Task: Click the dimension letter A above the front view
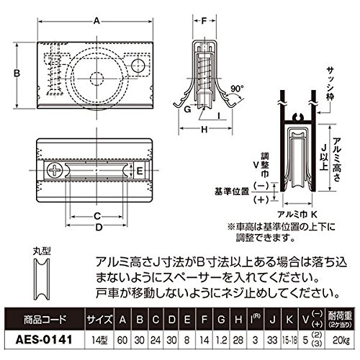pyautogui.click(x=96, y=21)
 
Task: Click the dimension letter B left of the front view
pyautogui.click(x=17, y=73)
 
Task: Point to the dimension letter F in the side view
pyautogui.click(x=204, y=21)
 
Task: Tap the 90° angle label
pyautogui.click(x=237, y=89)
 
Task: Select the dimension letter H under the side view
pyautogui.click(x=204, y=130)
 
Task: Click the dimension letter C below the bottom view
pyautogui.click(x=96, y=217)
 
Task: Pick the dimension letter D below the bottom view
pyautogui.click(x=99, y=227)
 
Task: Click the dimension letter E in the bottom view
pyautogui.click(x=140, y=171)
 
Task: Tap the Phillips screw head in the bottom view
pyautogui.click(x=55, y=170)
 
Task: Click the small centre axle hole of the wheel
pyautogui.click(x=96, y=78)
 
